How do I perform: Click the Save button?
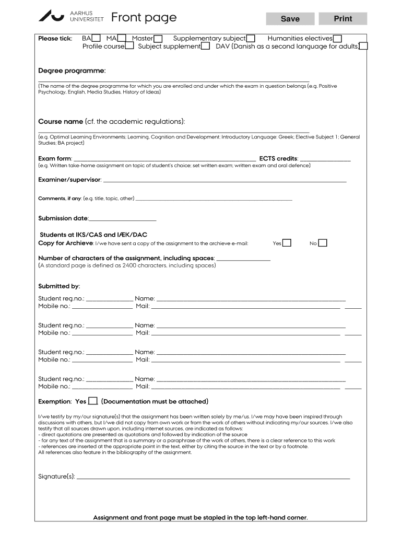[290, 19]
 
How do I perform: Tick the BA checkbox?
[96, 38]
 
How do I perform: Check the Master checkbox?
[158, 39]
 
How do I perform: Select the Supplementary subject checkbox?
[251, 38]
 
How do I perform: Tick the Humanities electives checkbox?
[338, 39]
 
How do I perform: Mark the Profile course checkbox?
[129, 46]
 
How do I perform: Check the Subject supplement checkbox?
[206, 46]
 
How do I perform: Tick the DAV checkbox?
[363, 46]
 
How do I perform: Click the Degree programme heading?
[72, 71]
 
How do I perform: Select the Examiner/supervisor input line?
[225, 181]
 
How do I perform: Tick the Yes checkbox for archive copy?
[287, 243]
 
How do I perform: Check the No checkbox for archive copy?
[323, 243]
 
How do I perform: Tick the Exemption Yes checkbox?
[92, 401]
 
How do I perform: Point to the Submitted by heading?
[59, 286]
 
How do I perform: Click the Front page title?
[144, 18]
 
